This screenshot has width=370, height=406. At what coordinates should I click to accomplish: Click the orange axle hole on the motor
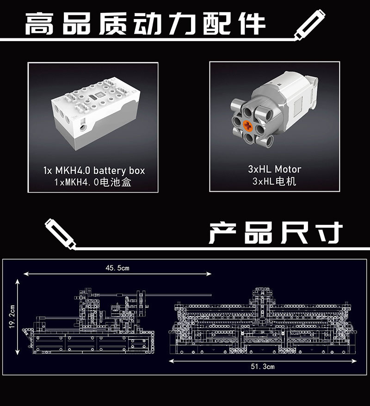[x=248, y=126]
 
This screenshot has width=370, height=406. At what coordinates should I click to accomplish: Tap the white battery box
[x=95, y=114]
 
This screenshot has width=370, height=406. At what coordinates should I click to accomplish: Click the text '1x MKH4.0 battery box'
[x=94, y=170]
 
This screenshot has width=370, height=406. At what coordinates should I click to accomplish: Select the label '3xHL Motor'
[x=275, y=169]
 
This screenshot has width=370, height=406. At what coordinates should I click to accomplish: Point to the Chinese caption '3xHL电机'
[x=274, y=181]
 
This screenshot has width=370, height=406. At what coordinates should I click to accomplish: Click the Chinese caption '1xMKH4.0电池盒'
[x=92, y=182]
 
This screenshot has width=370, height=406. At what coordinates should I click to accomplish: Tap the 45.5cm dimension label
[x=117, y=268]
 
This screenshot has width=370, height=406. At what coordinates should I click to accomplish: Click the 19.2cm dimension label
[x=12, y=317]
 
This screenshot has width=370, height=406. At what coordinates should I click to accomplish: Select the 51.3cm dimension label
[x=263, y=366]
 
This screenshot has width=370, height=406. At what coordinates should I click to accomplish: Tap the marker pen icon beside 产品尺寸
[x=61, y=234]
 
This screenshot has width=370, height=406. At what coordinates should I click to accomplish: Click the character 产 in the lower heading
[x=222, y=232]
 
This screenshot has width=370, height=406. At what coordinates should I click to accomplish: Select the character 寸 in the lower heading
[x=329, y=232]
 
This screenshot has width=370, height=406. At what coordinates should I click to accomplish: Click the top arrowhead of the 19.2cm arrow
[x=18, y=282]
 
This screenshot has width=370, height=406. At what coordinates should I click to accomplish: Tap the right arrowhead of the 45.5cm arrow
[x=209, y=274]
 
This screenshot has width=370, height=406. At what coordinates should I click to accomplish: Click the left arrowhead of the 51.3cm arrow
[x=172, y=361]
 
